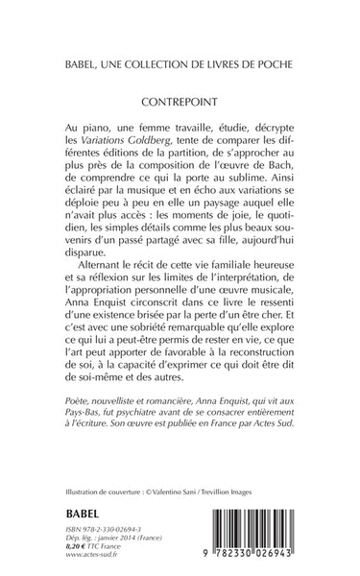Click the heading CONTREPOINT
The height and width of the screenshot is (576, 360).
point(180,99)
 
